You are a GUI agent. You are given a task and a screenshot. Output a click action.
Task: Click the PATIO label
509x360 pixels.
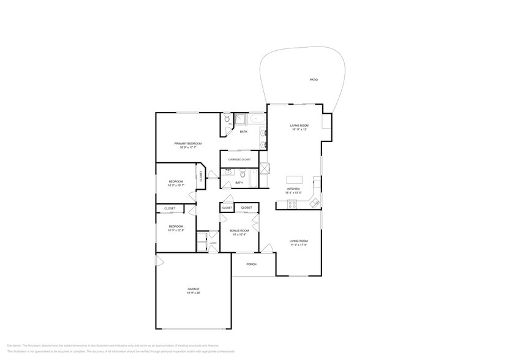click(314, 80)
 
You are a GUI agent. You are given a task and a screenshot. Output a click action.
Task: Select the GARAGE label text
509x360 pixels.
click(194, 288)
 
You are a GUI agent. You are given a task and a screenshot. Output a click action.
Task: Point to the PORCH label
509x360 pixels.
click(251, 264)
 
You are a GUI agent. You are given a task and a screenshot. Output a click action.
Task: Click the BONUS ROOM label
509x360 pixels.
click(239, 230)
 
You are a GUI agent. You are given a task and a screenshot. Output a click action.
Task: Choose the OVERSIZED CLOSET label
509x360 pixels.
click(239, 159)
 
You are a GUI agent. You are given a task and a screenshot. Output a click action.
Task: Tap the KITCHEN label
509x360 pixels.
click(293, 189)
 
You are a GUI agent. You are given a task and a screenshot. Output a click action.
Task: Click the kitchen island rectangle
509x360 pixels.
click(295, 179)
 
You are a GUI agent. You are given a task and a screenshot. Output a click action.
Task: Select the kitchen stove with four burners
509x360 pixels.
click(292, 204)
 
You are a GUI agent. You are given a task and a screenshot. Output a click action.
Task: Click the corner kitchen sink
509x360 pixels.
click(314, 201)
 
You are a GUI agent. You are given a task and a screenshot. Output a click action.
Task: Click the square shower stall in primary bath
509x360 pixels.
click(241, 119)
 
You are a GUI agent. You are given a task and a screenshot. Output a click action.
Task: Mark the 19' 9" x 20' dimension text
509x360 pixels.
click(194, 293)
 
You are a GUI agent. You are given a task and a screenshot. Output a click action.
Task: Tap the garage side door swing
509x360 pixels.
click(160, 261)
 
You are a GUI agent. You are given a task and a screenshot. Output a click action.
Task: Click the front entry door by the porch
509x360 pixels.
click(266, 248)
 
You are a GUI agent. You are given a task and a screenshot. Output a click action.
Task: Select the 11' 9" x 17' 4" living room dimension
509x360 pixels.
click(299, 245)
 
